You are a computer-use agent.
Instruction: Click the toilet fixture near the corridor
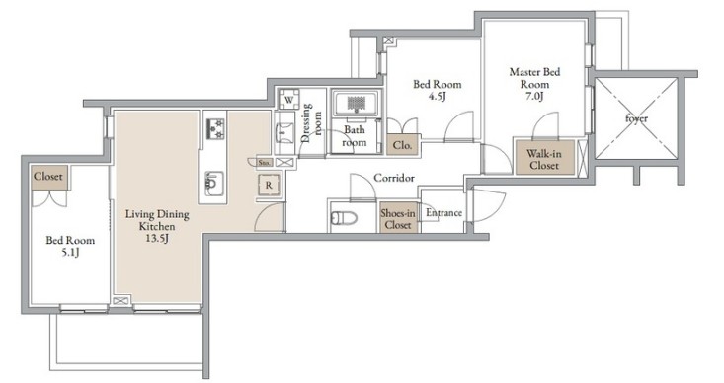tap(344, 217)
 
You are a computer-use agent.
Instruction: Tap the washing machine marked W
tap(288, 100)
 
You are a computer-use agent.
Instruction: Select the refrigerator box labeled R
tap(269, 186)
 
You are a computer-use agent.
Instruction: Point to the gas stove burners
tap(215, 128)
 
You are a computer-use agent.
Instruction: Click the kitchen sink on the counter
tap(214, 184)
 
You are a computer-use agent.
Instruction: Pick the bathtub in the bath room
tap(356, 103)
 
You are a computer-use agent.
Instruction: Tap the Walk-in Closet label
tap(544, 159)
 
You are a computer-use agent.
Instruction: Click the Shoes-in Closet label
tap(398, 219)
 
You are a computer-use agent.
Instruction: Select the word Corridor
tap(394, 178)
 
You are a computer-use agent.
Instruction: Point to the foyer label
tap(636, 118)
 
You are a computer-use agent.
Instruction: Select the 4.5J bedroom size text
tap(436, 96)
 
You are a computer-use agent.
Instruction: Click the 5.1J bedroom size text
tap(70, 252)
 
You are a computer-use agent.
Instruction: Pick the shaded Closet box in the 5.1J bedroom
tap(49, 178)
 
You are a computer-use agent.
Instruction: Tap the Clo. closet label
tap(402, 145)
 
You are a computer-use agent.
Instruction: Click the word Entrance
tap(443, 213)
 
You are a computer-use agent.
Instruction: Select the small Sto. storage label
tap(264, 163)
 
